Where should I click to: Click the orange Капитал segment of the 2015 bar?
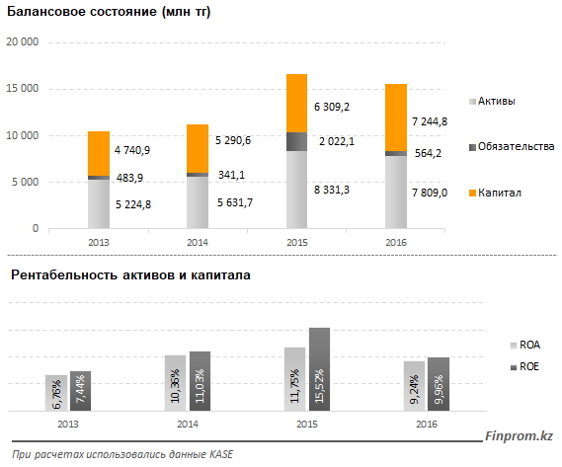[x=296, y=104]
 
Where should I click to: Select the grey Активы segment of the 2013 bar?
[x=99, y=204]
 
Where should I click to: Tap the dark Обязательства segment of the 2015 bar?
[x=296, y=141]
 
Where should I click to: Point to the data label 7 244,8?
[x=430, y=121]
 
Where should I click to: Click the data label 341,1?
[x=231, y=175]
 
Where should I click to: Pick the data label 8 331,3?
[x=332, y=190]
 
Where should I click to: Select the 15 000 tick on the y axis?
[x=22, y=89]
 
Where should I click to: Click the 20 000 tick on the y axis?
[x=22, y=41]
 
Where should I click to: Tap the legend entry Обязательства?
[x=512, y=146]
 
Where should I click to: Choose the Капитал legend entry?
[x=495, y=193]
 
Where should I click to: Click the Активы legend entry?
[x=492, y=101]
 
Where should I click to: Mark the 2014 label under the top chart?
[x=198, y=243]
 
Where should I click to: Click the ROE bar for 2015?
[x=319, y=369]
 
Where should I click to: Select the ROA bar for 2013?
[x=56, y=393]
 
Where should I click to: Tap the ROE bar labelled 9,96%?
[x=439, y=384]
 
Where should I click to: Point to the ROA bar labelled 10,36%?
[x=175, y=383]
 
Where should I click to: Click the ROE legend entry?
[x=524, y=367]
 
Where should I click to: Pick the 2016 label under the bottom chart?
[x=427, y=425]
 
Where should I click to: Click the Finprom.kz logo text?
[x=519, y=436]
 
